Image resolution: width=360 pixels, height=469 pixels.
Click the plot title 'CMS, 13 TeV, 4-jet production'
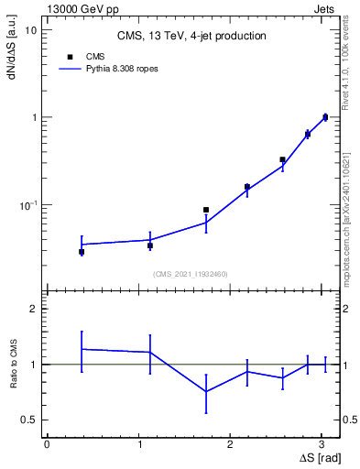coord(191,37)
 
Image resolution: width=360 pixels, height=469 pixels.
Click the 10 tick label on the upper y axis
coord(30,30)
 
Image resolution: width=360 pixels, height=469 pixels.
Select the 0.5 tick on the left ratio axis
coord(29,420)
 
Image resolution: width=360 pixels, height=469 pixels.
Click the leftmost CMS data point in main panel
coord(82,251)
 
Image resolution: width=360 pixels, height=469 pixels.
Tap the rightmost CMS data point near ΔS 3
coord(325,117)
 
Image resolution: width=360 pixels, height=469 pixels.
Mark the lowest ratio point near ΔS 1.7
coord(206,391)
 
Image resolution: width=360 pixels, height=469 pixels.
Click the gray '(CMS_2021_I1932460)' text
coord(191,274)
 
